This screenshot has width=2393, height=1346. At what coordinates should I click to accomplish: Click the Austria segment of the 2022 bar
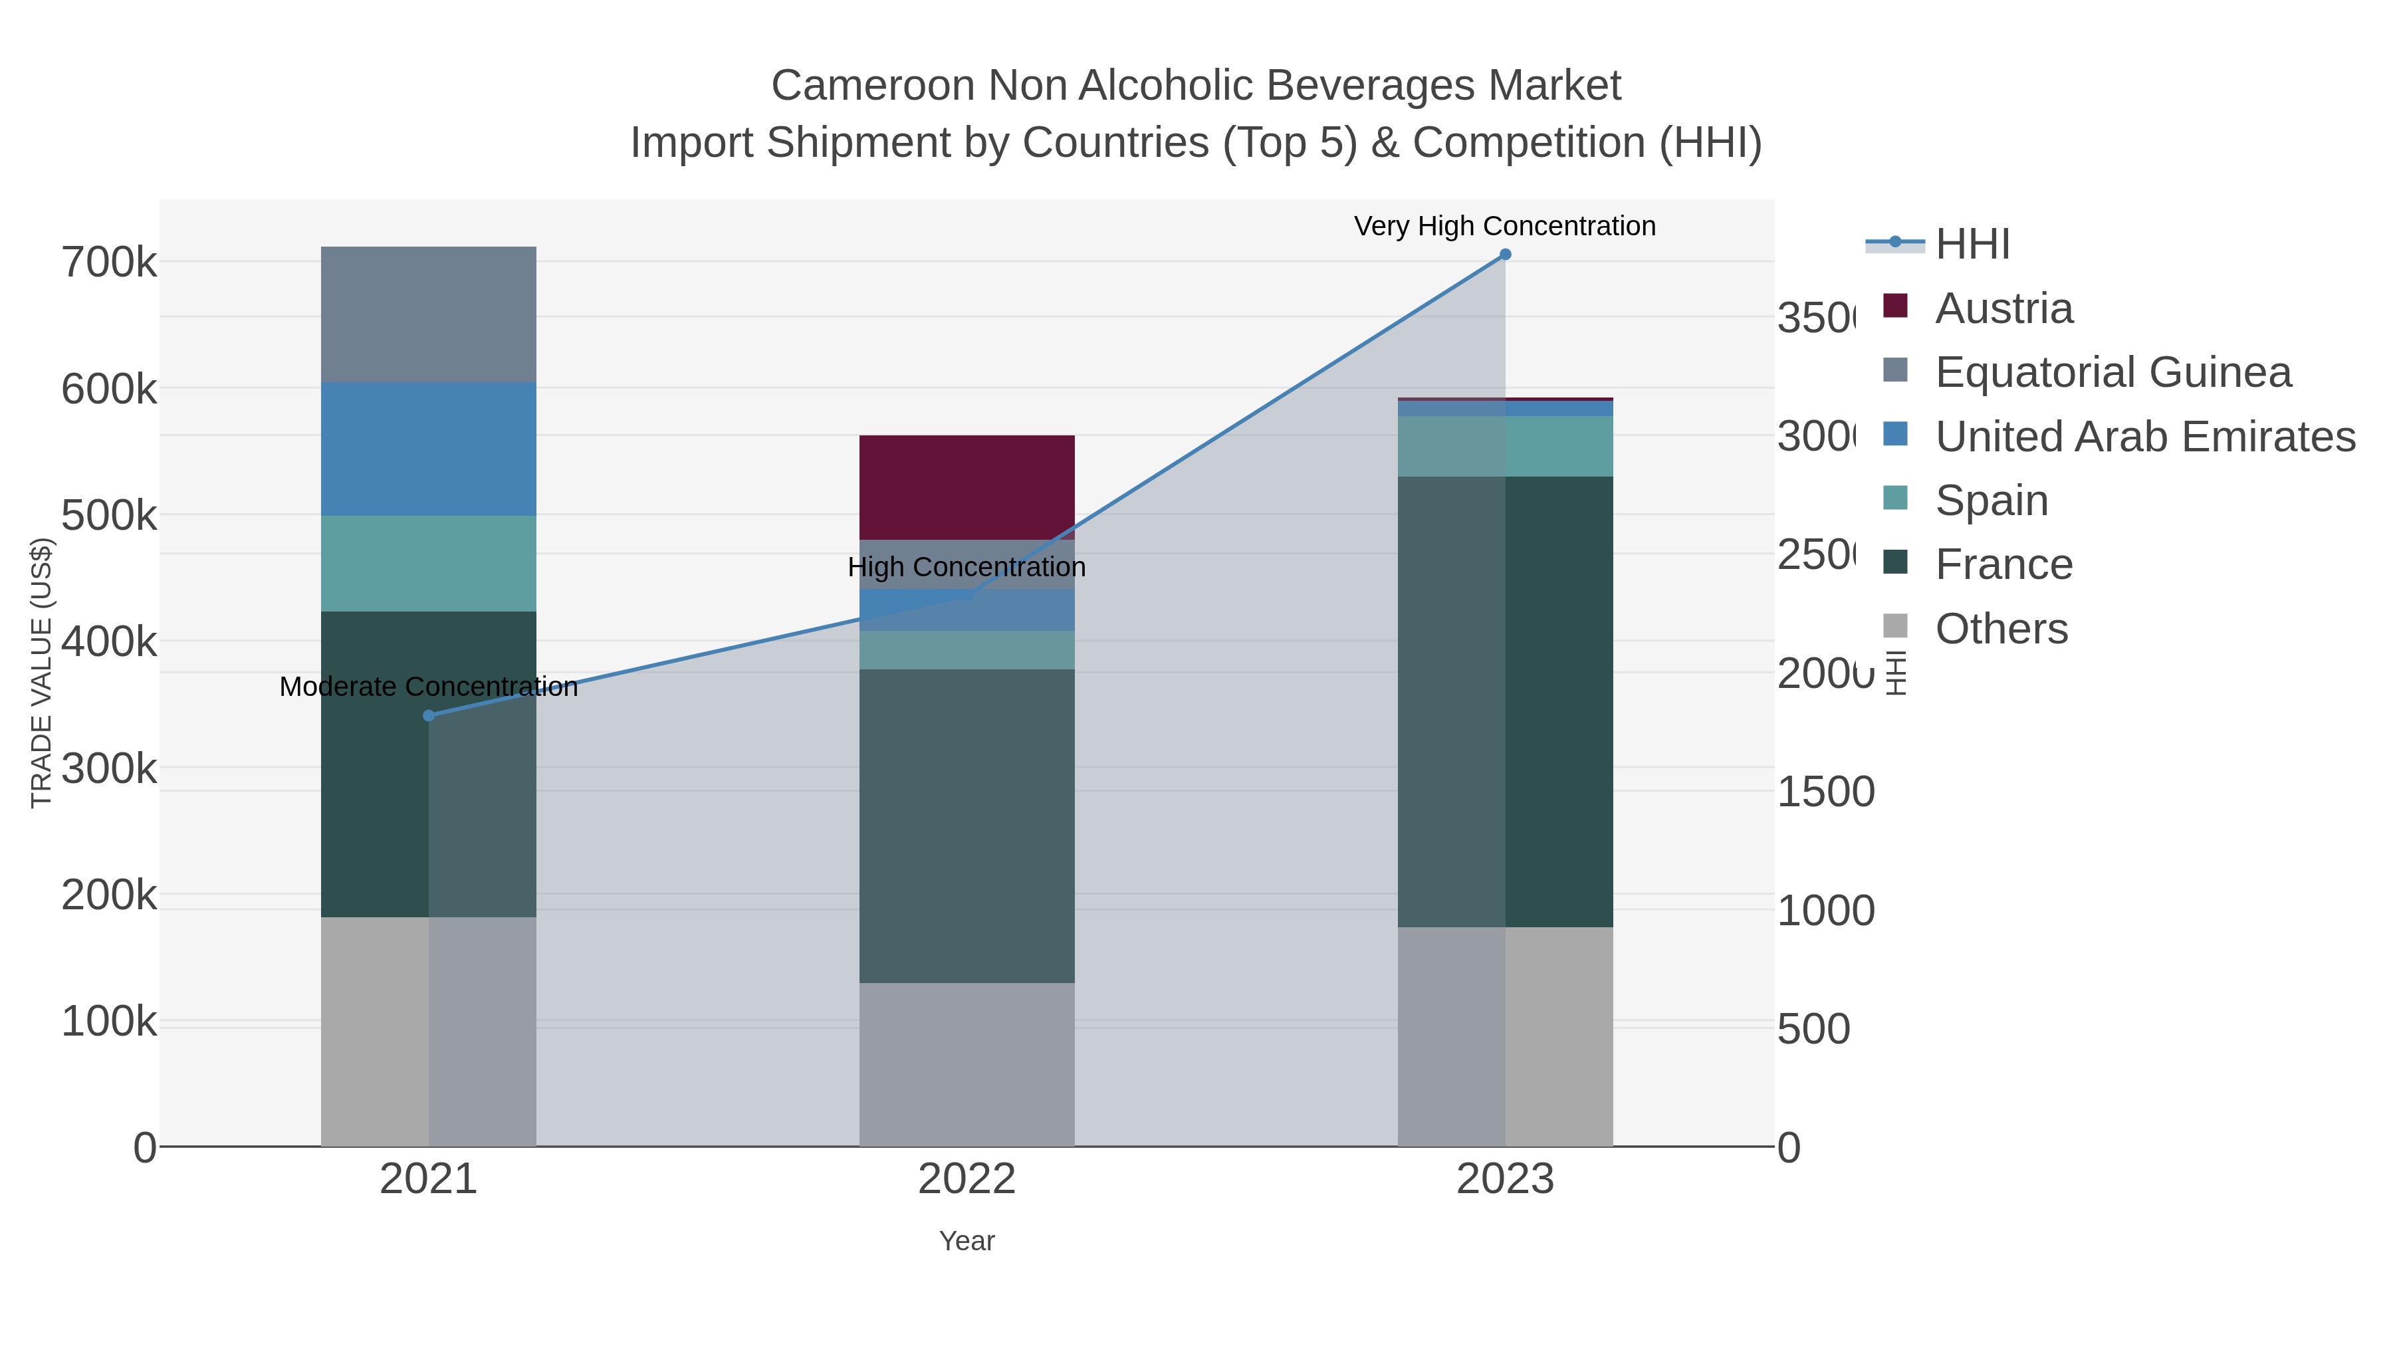click(x=966, y=486)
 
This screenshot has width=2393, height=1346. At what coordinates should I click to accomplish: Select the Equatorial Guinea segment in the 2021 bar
click(x=428, y=314)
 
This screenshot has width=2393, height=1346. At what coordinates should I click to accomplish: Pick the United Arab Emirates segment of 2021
click(x=428, y=449)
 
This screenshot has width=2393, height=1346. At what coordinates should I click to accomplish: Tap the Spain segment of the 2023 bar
click(x=1505, y=446)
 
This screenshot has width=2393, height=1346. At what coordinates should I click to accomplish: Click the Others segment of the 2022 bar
click(x=966, y=1064)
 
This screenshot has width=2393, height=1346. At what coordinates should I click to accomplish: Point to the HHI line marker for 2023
click(x=1505, y=255)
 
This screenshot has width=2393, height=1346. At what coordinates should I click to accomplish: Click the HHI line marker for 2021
click(x=428, y=715)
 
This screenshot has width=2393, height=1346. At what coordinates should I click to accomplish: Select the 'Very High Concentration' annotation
click(x=1504, y=226)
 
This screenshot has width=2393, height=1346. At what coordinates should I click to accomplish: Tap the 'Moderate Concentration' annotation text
click(x=428, y=687)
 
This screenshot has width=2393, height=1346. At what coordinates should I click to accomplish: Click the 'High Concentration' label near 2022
click(x=966, y=566)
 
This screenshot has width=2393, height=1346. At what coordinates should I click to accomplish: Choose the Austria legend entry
click(x=2003, y=308)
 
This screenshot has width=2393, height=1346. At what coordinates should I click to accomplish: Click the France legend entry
click(x=2003, y=564)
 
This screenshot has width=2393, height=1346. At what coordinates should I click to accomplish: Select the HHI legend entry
click(x=1972, y=243)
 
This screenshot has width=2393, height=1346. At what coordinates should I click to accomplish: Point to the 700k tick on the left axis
click(x=110, y=263)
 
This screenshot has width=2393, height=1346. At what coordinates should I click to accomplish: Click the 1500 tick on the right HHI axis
click(x=1825, y=792)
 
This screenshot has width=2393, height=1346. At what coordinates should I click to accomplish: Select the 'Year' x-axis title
click(x=966, y=1241)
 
